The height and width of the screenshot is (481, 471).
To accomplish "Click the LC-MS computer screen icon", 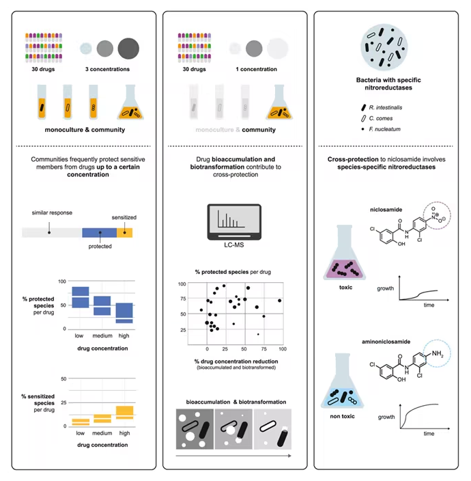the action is (234, 222).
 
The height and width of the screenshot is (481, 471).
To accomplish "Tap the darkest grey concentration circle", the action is (128, 49).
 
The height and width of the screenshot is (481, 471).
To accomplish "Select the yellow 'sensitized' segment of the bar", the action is (125, 232).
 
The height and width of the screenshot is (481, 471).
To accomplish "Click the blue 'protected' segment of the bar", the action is (99, 232).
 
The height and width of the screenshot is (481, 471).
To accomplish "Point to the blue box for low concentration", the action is (81, 297).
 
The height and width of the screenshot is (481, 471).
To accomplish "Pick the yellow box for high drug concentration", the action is (125, 413).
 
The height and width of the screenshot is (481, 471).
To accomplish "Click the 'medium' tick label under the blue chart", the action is (102, 335).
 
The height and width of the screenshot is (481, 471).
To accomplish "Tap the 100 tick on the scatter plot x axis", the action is (283, 348).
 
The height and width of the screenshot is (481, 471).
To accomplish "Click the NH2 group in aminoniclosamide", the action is (438, 354).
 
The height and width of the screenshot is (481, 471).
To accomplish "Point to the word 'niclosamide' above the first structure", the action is (386, 210).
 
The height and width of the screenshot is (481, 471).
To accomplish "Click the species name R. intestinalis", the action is (386, 107).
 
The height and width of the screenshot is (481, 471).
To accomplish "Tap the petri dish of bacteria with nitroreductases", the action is (384, 48).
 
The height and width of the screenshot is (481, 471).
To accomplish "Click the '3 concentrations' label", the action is (107, 69).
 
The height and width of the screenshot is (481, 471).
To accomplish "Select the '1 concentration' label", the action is (256, 69).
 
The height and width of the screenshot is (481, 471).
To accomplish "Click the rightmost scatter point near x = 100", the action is (279, 301).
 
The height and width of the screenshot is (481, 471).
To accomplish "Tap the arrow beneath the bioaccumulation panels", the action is (233, 456).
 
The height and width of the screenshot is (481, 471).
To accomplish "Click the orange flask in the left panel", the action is (130, 102).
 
